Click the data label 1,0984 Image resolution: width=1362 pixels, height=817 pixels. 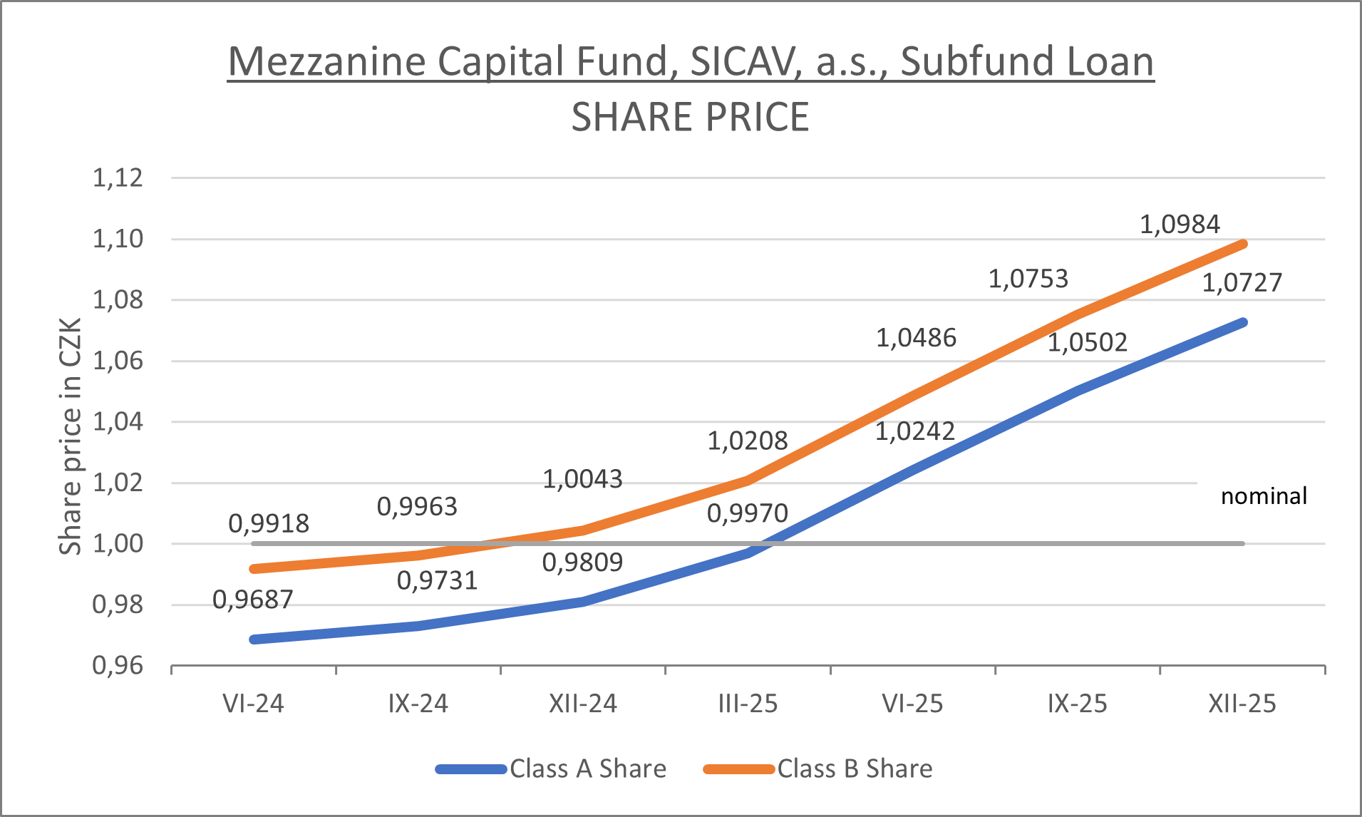[1180, 225]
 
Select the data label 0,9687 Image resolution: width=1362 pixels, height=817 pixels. [253, 600]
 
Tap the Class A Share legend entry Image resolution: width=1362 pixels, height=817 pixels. [552, 769]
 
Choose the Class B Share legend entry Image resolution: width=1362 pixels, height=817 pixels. [818, 769]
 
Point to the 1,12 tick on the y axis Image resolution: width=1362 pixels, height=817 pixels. [118, 178]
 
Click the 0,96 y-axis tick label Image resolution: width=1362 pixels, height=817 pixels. [118, 666]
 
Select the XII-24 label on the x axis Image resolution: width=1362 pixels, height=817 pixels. [582, 704]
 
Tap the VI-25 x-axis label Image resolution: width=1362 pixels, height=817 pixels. [912, 704]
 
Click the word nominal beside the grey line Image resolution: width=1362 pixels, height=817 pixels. [1264, 496]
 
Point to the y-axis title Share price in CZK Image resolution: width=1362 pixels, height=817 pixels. [70, 436]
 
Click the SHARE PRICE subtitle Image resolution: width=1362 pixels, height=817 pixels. [690, 117]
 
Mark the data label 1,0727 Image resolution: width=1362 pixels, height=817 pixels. [1242, 283]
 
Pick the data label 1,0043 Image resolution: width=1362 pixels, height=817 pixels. [582, 479]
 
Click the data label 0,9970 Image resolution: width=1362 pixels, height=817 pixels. [747, 513]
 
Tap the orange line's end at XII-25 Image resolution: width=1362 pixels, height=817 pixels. [1243, 245]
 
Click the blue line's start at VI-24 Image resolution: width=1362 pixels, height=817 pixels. [254, 639]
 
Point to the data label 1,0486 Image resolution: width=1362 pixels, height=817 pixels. [916, 338]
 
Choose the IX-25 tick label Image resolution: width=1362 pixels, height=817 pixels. [1077, 704]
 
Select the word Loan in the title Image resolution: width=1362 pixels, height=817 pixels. [1100, 61]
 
